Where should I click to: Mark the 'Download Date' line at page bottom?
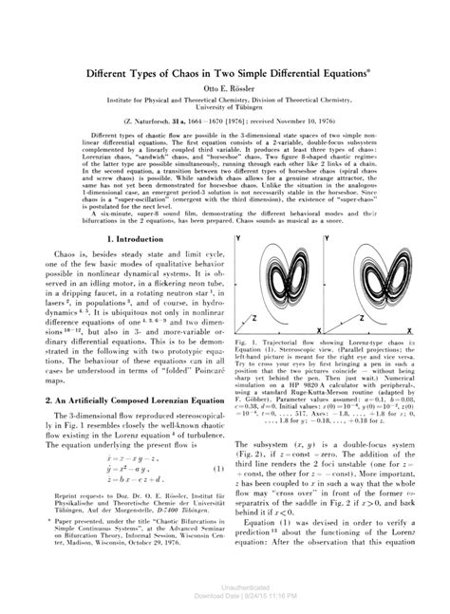(x=225, y=607)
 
